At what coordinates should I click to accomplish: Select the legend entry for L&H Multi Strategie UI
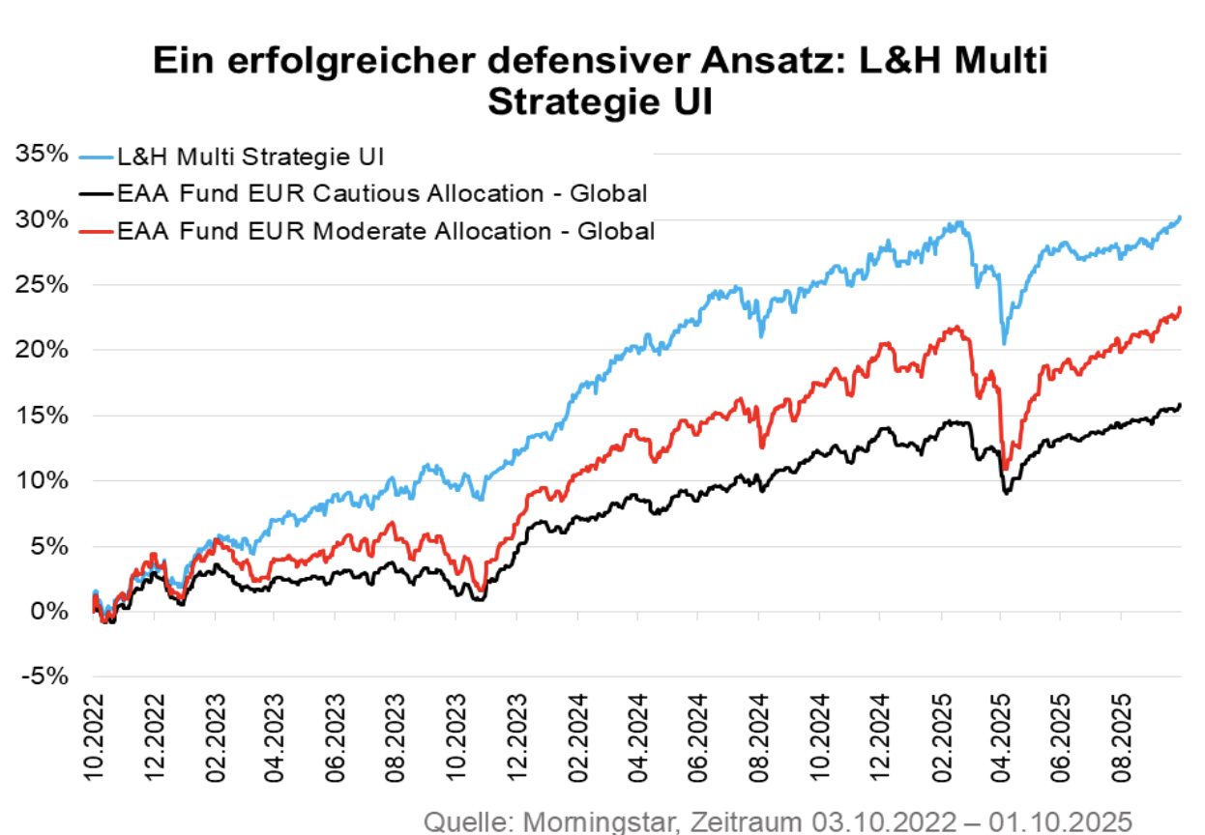coord(251,156)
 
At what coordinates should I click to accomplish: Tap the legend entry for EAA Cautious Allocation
coord(381,192)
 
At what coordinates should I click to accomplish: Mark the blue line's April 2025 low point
coord(1004,342)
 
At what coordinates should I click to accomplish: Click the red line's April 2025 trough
coord(1006,469)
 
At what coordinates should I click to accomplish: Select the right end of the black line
coord(1180,405)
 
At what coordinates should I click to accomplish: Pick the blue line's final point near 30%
coord(1180,218)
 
